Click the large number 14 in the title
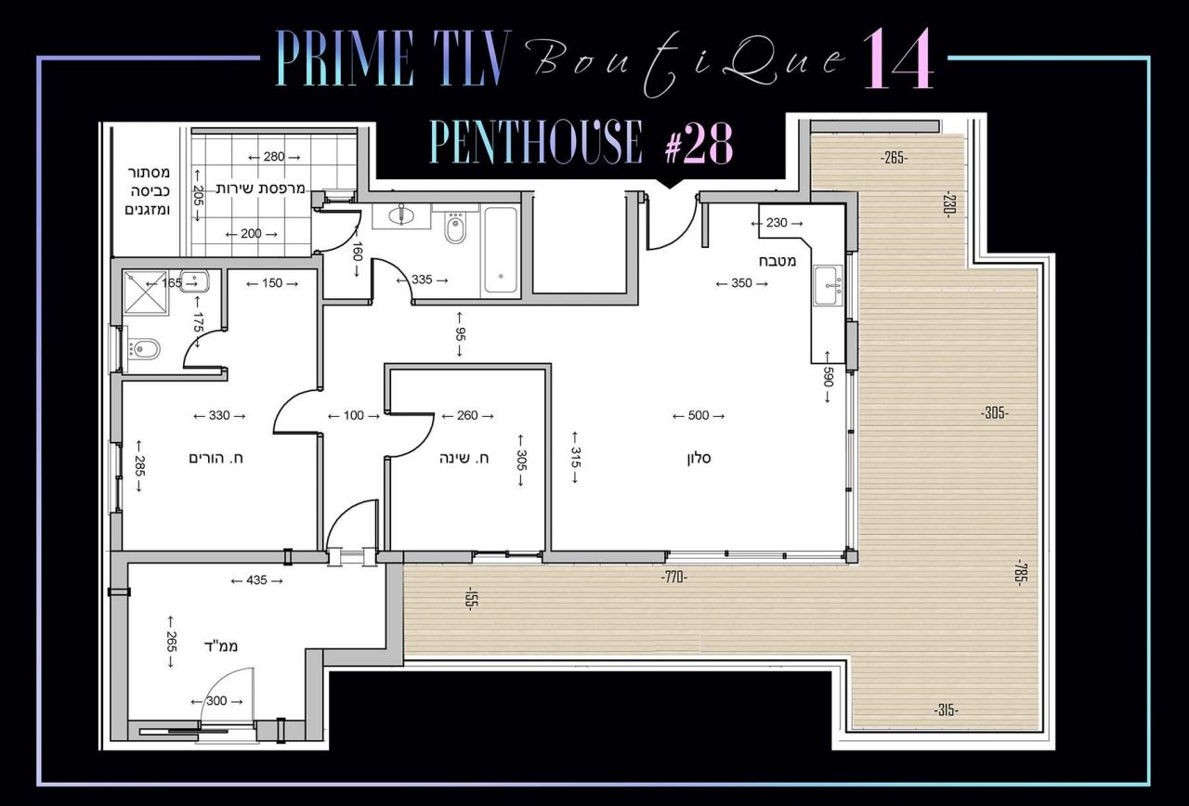coord(897,58)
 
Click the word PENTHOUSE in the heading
coord(536,142)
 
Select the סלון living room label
coord(699,458)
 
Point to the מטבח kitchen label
coord(777,261)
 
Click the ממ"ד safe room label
coord(221,645)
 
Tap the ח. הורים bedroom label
coord(216,458)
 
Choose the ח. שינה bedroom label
coord(464,458)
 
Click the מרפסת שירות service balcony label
coord(261,188)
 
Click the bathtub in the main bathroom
coord(500,250)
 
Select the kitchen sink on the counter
coord(828,285)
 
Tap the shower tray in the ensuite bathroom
coord(146,293)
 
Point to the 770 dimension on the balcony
coord(674,578)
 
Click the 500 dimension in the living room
coord(699,415)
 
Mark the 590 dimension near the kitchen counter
coord(828,377)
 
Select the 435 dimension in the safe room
coord(257,580)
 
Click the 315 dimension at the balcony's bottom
coord(946,710)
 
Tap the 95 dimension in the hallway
coord(460,334)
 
